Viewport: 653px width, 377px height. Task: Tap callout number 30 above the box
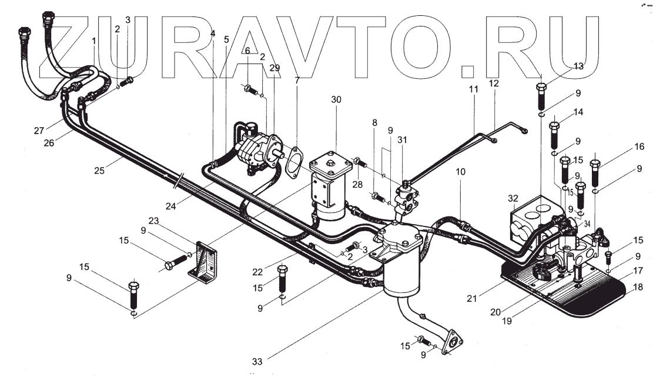click(336, 100)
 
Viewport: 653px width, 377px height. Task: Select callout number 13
click(579, 66)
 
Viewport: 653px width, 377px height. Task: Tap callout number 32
click(513, 198)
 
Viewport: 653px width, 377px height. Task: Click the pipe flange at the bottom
click(452, 345)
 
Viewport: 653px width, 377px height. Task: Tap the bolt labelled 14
click(554, 135)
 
